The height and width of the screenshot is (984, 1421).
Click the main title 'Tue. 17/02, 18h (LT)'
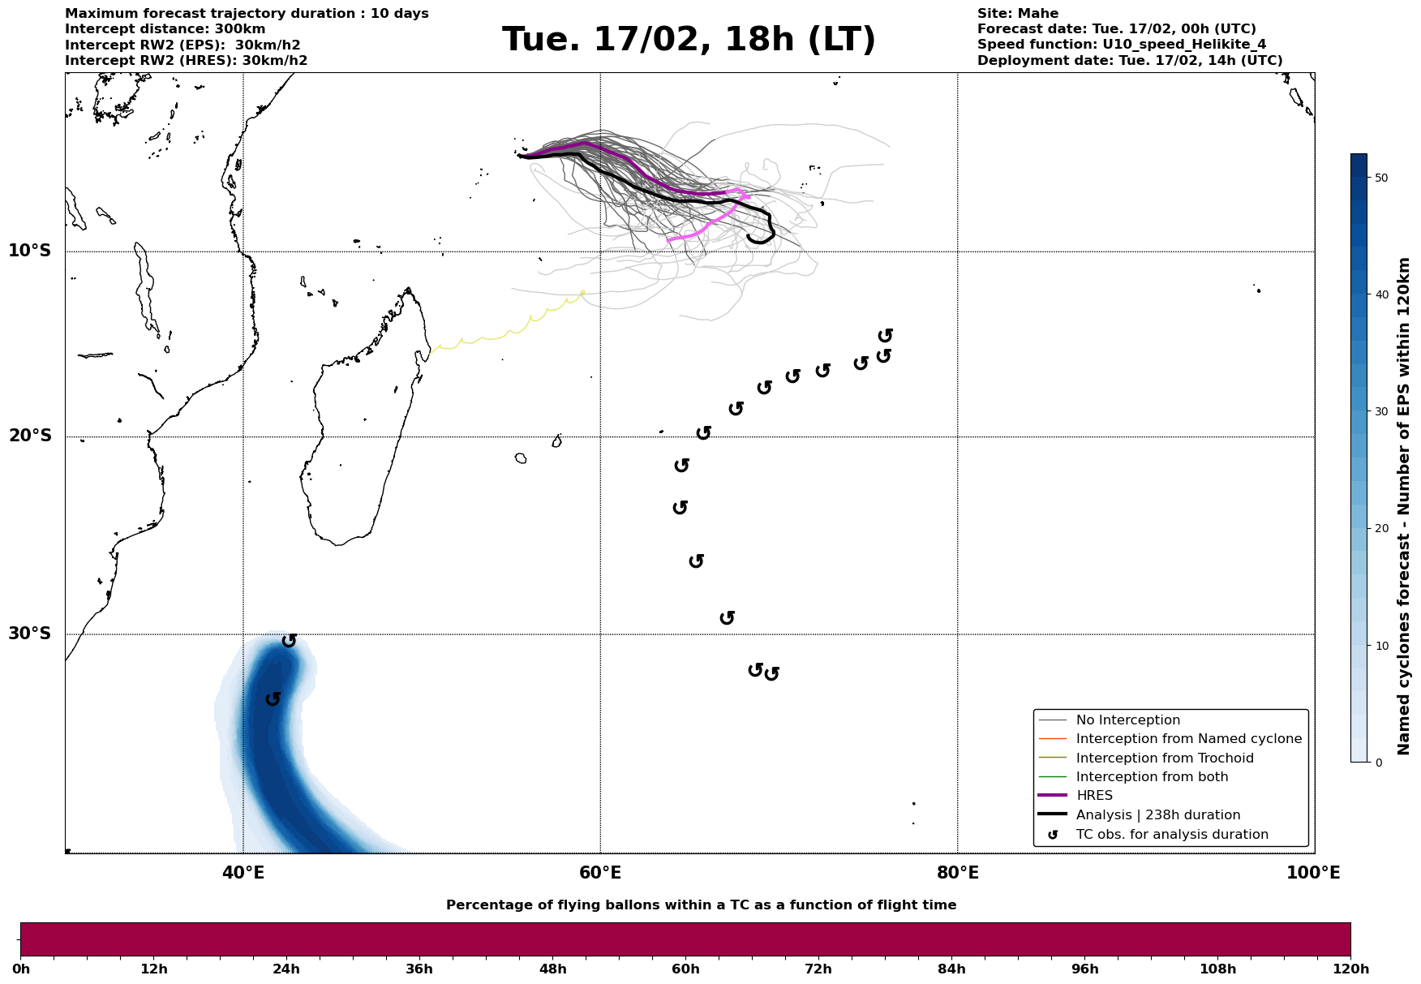[x=689, y=40]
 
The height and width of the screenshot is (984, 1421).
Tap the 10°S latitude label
[x=30, y=251]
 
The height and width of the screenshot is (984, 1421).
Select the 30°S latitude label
[x=30, y=634]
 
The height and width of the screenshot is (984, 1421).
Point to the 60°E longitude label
[x=600, y=873]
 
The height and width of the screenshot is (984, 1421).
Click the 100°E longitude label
[x=1313, y=873]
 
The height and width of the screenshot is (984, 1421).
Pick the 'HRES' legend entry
[x=1094, y=796]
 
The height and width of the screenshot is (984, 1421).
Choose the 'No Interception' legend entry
[x=1127, y=720]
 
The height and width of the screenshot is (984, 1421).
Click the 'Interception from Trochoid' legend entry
[x=1165, y=758]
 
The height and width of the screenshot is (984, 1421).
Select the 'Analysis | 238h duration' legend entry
[x=1158, y=815]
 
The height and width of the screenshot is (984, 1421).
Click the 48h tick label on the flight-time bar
[x=552, y=969]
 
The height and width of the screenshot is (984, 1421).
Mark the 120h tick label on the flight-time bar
[x=1350, y=969]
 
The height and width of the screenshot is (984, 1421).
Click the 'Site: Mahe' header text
[x=1018, y=14]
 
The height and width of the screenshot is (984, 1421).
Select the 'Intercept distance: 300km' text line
[x=165, y=29]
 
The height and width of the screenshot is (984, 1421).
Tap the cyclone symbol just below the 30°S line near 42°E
[x=289, y=641]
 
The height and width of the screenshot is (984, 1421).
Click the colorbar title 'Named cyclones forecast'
[x=1405, y=506]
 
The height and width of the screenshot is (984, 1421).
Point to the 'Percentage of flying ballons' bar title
[x=701, y=905]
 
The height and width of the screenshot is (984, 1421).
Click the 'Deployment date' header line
[x=1130, y=61]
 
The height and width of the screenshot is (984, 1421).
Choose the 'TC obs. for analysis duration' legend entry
[x=1172, y=835]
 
